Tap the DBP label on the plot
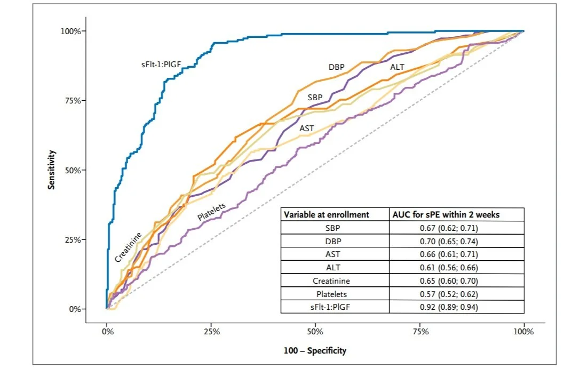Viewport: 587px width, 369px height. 336,67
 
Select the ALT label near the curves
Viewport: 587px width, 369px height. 398,67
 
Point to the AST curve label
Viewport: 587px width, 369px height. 306,128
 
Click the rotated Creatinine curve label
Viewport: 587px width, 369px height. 128,247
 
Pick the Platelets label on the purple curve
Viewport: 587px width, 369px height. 212,212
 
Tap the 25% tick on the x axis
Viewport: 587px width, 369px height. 212,332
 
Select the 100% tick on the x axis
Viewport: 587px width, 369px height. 523,332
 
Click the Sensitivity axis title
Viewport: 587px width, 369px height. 52,170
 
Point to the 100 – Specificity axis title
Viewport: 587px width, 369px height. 315,350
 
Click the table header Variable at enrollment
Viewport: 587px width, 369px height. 326,214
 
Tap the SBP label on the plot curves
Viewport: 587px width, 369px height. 314,98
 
